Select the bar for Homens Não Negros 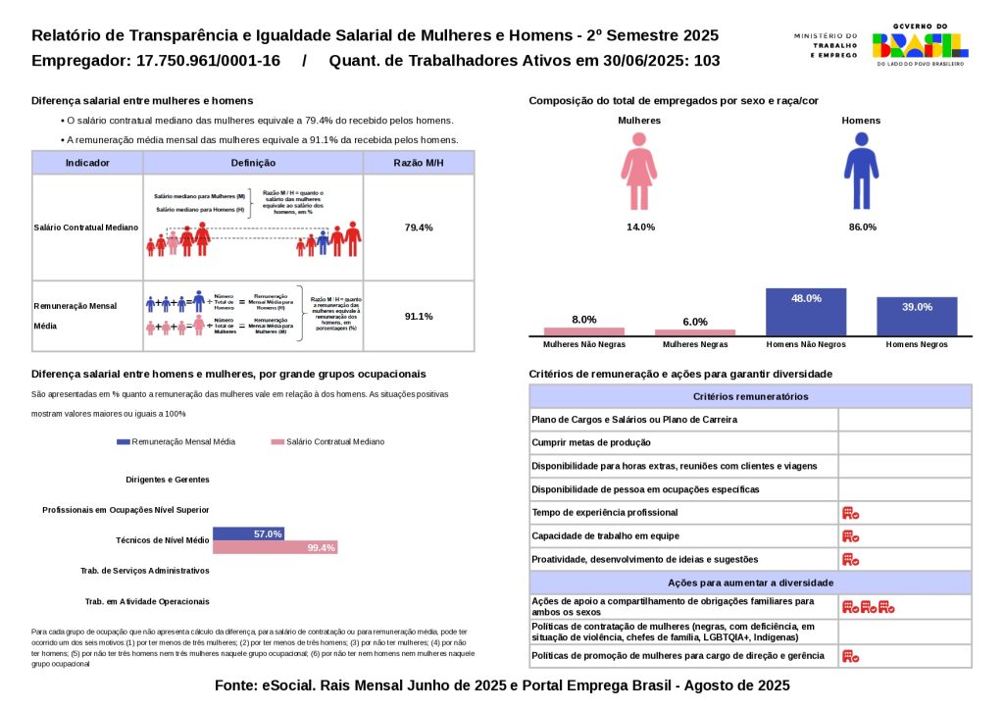tap(806, 312)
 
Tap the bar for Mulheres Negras tap(695, 332)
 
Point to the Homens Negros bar tap(917, 316)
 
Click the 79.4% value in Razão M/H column tap(419, 228)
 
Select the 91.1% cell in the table tap(419, 316)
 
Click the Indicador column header tap(87, 163)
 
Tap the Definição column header tap(253, 163)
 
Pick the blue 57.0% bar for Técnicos tap(248, 533)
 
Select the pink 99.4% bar tap(275, 547)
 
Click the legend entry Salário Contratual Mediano tap(330, 442)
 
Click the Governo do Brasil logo tap(920, 44)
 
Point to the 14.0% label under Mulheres tap(641, 228)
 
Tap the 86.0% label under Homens tap(862, 228)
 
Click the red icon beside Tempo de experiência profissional tap(850, 513)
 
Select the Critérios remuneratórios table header tap(750, 396)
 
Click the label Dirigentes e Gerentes tap(168, 480)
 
